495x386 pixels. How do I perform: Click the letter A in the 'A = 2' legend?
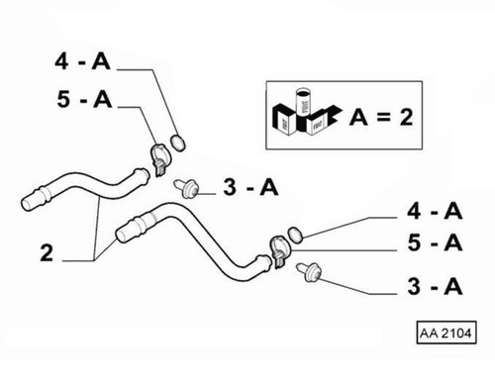point(360,119)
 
